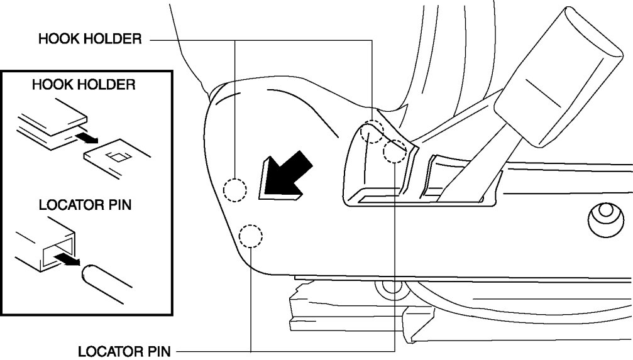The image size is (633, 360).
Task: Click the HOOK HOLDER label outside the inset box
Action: pyautogui.click(x=90, y=40)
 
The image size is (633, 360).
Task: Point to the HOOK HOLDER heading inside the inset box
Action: pyautogui.click(x=84, y=85)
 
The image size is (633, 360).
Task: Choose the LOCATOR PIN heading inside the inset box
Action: pyautogui.click(x=85, y=205)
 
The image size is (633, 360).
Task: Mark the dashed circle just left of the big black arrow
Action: pyautogui.click(x=235, y=189)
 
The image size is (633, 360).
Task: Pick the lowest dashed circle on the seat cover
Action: pyautogui.click(x=251, y=236)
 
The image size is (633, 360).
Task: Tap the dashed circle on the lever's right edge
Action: pyautogui.click(x=395, y=151)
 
